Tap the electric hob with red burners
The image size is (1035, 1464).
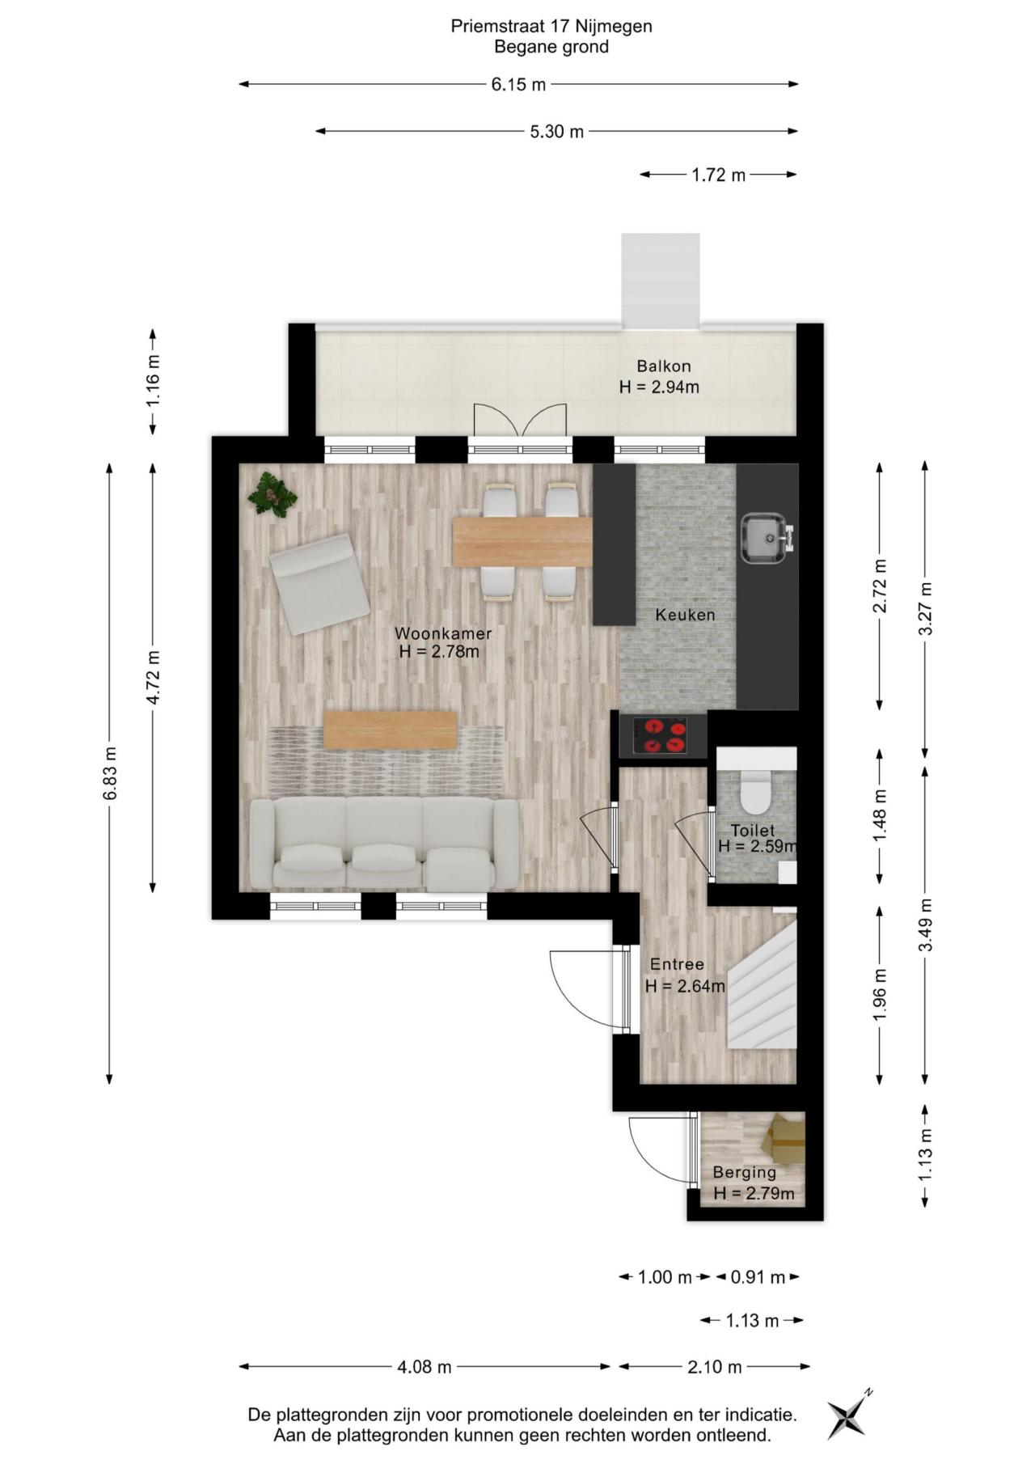(x=663, y=736)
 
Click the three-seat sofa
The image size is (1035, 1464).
(x=384, y=843)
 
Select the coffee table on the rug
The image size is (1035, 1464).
(x=391, y=730)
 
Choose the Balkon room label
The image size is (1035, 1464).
(x=663, y=366)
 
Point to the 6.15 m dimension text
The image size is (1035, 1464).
(x=518, y=84)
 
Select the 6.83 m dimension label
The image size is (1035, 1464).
(x=111, y=773)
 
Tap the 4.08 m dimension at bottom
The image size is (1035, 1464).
(x=424, y=1367)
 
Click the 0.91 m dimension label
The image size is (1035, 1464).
(x=758, y=1277)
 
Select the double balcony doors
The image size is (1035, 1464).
(x=519, y=421)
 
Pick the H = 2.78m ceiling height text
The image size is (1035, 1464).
(x=439, y=652)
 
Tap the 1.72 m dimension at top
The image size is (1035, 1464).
(x=718, y=175)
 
